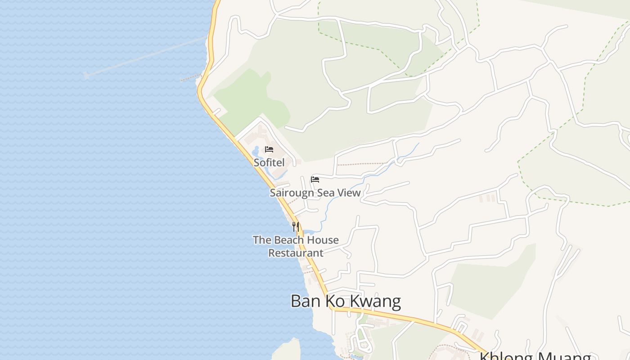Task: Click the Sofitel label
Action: click(x=269, y=162)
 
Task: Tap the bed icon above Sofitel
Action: click(x=269, y=149)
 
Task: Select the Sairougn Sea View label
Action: click(x=315, y=193)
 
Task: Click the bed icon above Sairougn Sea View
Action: click(x=315, y=180)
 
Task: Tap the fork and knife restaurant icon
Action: click(x=295, y=226)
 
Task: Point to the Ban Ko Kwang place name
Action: click(x=346, y=301)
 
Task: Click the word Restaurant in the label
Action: click(x=296, y=253)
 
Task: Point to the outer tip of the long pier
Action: click(x=86, y=75)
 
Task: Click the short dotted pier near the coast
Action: click(x=189, y=79)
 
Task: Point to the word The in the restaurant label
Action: click(x=261, y=240)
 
